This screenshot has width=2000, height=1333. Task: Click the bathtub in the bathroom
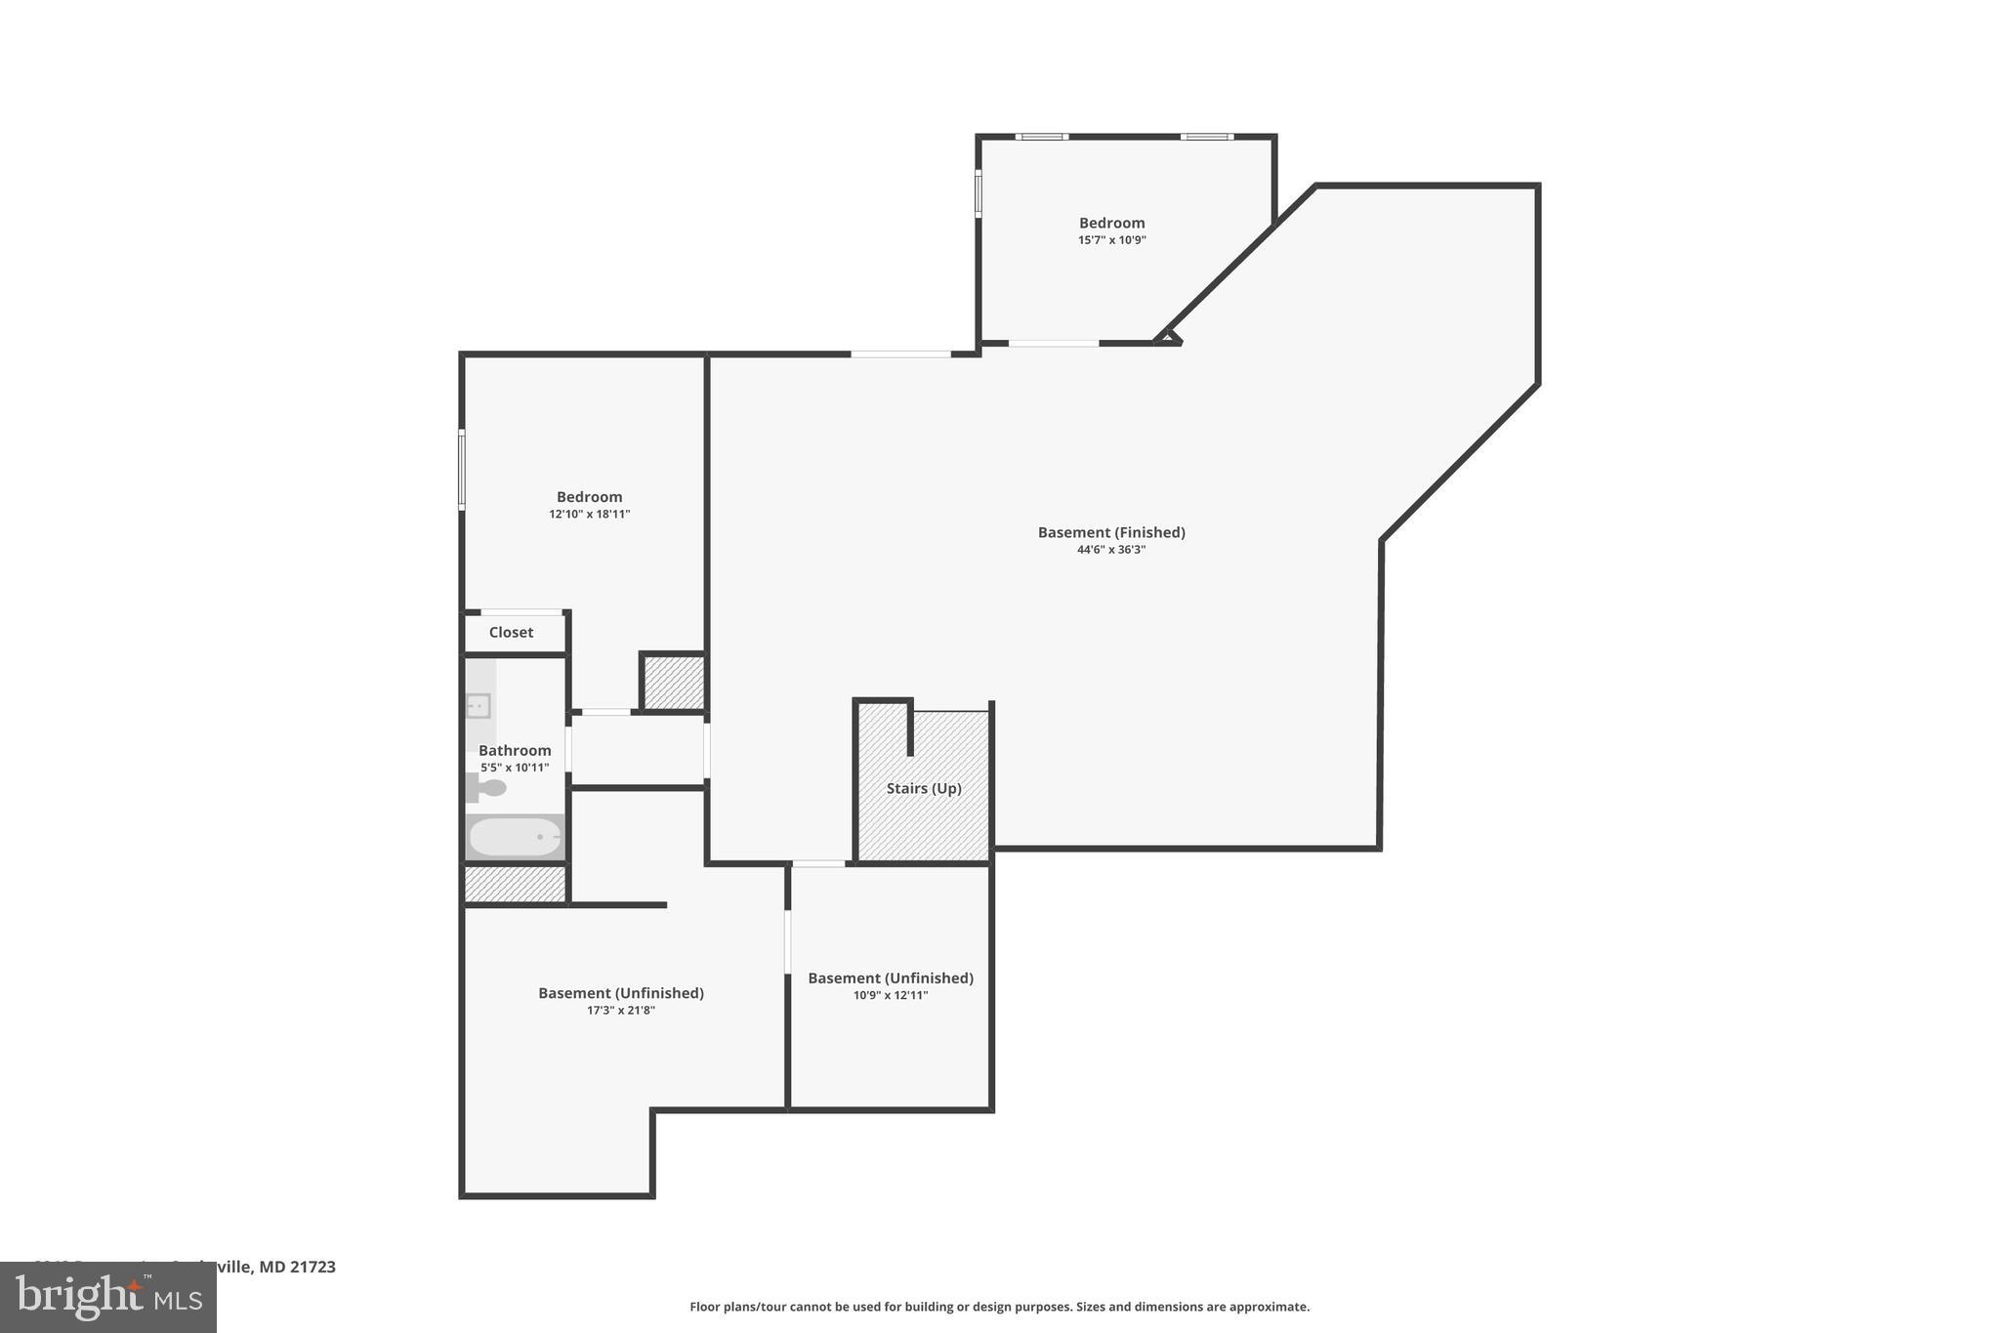point(516,837)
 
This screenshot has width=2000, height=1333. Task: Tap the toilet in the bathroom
point(487,787)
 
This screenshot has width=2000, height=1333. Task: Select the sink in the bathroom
point(479,705)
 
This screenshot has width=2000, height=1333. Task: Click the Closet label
point(511,632)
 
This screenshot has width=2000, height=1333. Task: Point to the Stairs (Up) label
point(924,788)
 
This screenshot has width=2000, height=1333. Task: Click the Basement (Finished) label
point(1111,532)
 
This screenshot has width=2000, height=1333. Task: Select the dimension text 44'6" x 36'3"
point(1111,550)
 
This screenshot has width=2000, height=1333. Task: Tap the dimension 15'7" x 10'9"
point(1111,240)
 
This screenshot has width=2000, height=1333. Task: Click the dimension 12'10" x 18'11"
point(589,514)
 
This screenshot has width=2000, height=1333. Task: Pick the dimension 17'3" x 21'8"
point(620,1011)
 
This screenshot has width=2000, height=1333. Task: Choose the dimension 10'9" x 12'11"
point(890,995)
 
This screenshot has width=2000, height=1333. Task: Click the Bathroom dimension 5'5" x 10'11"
point(515,768)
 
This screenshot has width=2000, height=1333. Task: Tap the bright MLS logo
point(107,1297)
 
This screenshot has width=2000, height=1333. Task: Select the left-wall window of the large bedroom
point(462,470)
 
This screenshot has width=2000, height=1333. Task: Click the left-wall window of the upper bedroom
point(979,192)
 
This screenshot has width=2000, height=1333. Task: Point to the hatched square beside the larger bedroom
point(673,682)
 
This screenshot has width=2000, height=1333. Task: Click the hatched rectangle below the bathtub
point(515,884)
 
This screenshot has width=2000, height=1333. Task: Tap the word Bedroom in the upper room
point(1111,223)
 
